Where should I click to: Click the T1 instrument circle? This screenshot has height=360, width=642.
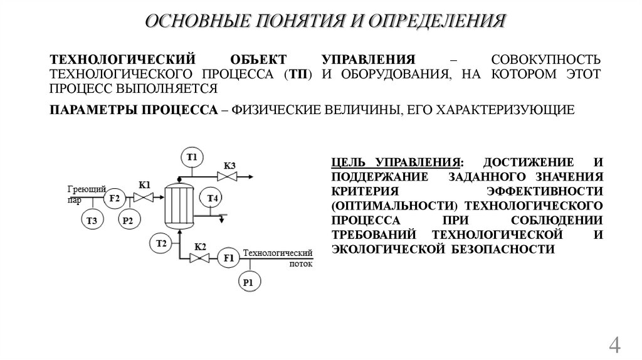192,156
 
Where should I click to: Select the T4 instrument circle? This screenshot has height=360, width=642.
212,199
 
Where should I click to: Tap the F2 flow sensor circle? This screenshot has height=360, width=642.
114,198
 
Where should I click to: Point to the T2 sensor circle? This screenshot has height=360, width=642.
160,243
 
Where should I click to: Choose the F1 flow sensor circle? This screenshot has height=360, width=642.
228,257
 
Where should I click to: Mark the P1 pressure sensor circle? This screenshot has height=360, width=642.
248,283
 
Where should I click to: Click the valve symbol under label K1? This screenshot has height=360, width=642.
145,198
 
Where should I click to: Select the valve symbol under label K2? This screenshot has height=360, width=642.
201,257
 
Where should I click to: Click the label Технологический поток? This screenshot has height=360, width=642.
278,257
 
